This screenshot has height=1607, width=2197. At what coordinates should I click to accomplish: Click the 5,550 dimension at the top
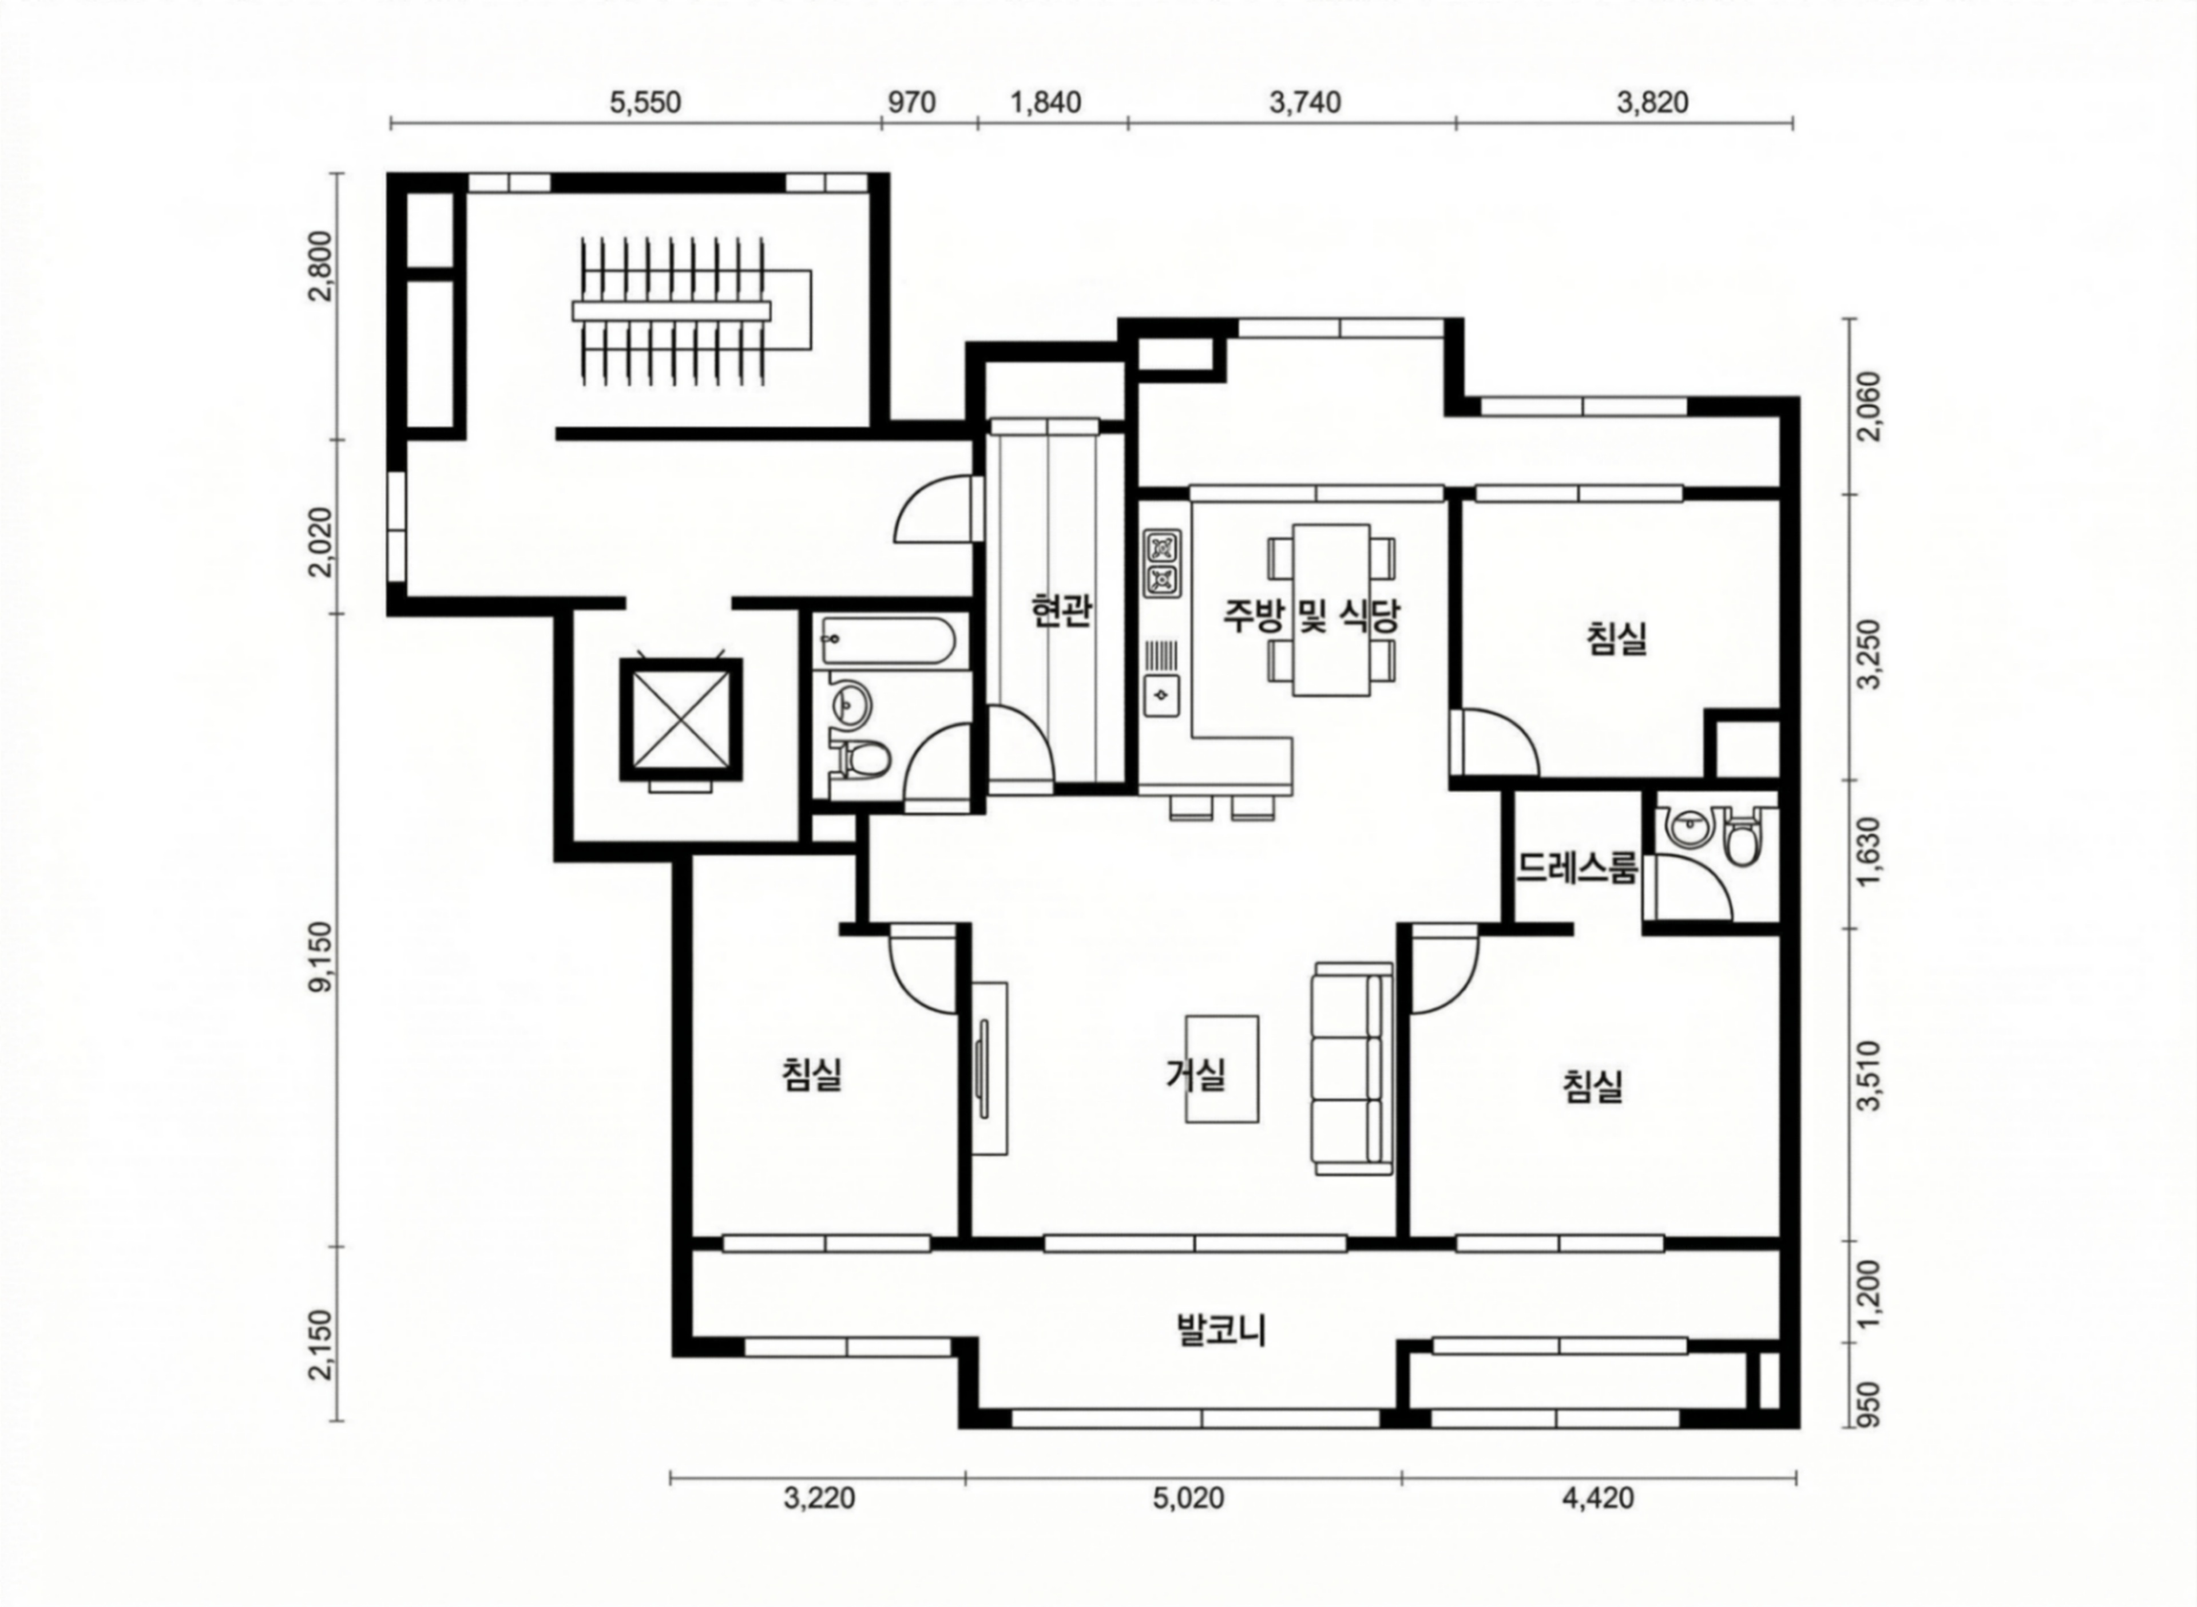(646, 102)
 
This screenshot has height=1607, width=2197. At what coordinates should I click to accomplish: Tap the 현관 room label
(1061, 610)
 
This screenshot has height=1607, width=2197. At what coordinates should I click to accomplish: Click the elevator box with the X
(681, 720)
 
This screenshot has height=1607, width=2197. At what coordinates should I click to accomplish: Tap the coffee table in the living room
(1222, 1070)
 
